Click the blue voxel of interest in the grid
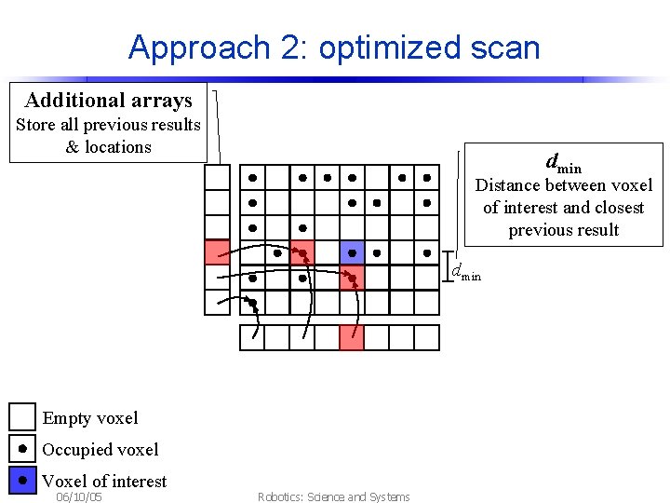[x=352, y=252]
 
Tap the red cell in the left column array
[x=217, y=252]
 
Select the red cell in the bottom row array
[x=352, y=337]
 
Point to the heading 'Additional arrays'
[x=109, y=101]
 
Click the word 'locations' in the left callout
[x=118, y=147]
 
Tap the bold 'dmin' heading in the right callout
[x=563, y=164]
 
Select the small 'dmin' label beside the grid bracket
[x=466, y=273]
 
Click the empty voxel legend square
[x=22, y=417]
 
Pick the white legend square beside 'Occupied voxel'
[x=22, y=449]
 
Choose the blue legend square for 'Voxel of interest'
[x=22, y=481]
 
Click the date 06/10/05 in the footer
[x=79, y=497]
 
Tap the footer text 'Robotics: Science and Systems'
[x=333, y=497]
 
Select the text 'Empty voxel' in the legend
[x=90, y=418]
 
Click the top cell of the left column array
[x=217, y=177]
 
